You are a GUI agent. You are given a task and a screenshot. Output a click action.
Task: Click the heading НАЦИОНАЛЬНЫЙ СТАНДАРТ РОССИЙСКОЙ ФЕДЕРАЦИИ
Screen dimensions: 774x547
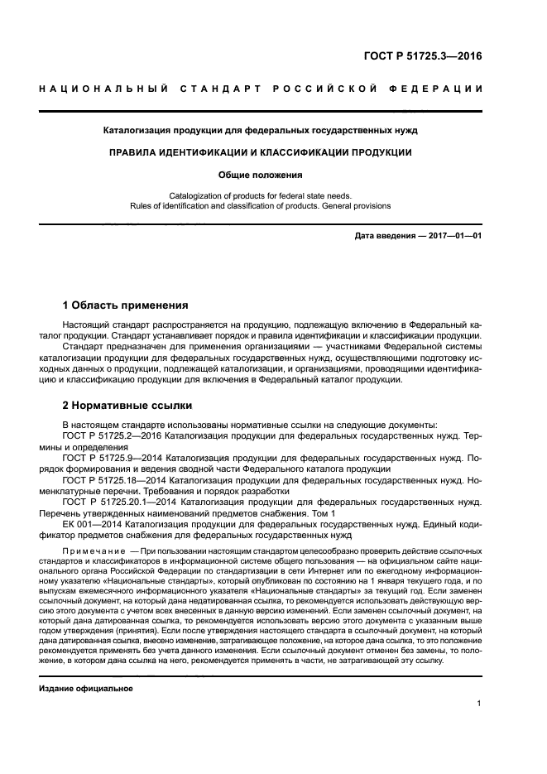pos(261,89)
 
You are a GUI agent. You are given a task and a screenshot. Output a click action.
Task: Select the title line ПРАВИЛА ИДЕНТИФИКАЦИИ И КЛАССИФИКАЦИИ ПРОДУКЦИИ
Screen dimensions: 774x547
pos(261,152)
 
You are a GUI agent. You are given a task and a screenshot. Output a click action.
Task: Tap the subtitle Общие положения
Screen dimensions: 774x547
pos(261,175)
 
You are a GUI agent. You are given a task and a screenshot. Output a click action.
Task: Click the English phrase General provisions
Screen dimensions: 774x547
pos(355,206)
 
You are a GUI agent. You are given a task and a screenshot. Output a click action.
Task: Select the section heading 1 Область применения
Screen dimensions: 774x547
pos(126,305)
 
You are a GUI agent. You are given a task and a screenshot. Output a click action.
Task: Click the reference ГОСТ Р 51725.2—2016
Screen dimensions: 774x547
pos(113,435)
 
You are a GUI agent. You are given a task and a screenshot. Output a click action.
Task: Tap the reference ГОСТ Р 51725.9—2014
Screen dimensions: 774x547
pos(113,457)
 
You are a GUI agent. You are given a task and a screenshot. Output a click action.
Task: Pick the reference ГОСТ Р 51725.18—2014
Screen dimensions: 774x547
pos(115,479)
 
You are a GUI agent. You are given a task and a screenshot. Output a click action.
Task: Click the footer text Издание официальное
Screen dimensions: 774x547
pos(86,688)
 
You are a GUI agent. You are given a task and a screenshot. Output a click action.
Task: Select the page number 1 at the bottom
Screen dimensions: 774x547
pos(479,704)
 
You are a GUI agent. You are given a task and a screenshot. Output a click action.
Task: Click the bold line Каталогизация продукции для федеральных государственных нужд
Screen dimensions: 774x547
pos(261,130)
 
